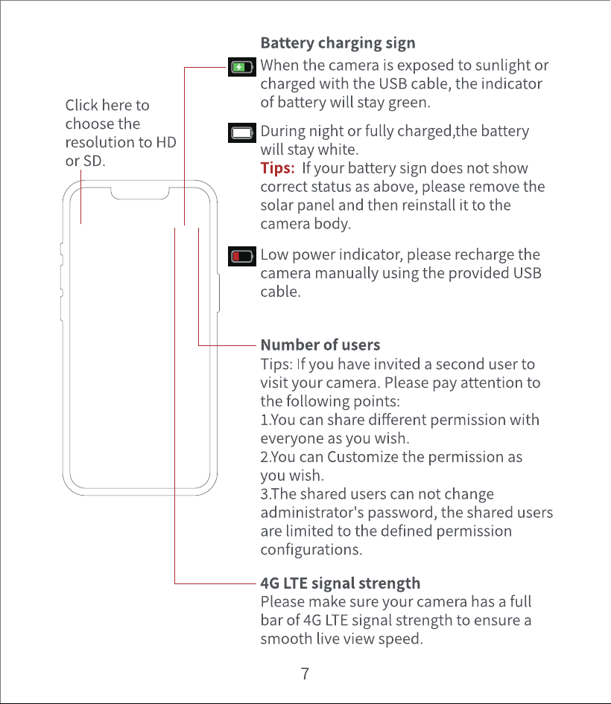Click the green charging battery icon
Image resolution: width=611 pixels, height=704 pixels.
coord(242,67)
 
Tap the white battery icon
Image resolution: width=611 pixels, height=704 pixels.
coord(242,133)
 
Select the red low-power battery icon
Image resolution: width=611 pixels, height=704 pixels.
coord(242,256)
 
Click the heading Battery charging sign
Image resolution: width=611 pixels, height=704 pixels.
coord(338,43)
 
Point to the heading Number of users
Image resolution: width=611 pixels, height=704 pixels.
coord(320,345)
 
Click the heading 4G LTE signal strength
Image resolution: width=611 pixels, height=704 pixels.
coord(341,583)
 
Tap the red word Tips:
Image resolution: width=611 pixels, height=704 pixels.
coord(277,168)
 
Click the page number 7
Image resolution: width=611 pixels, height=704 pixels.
coord(305,673)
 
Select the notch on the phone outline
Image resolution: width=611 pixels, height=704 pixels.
coord(140,194)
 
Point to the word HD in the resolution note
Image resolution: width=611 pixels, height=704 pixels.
coord(166,142)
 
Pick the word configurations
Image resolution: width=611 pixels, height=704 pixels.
coord(311,550)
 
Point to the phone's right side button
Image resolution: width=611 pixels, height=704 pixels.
coord(218,292)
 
